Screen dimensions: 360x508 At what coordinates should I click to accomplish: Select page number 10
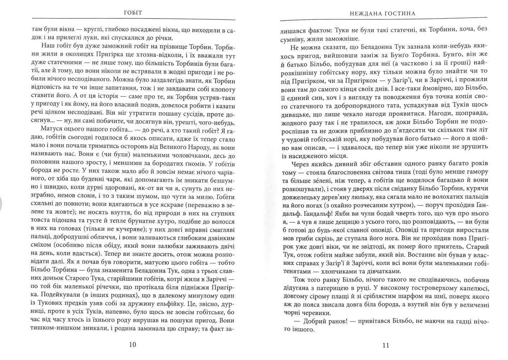(132, 345)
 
